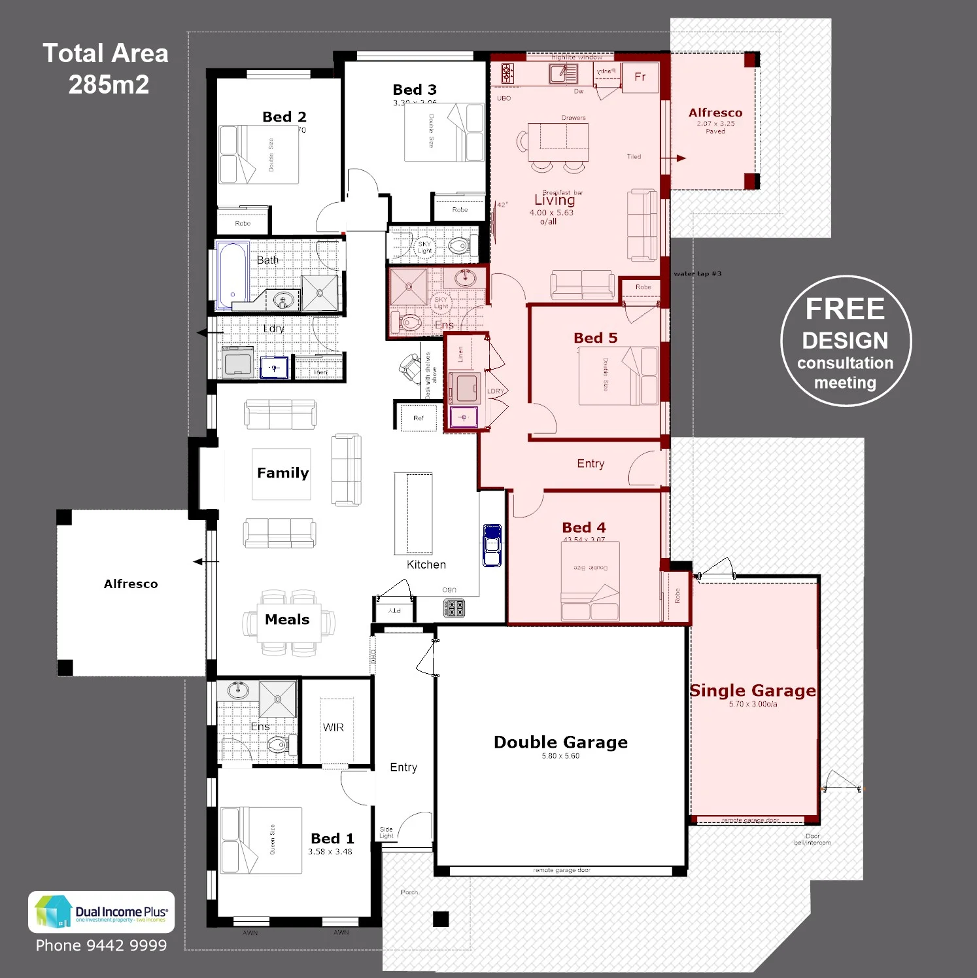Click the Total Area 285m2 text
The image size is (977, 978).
click(x=106, y=69)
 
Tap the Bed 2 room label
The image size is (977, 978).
click(x=284, y=117)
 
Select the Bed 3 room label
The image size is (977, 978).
click(x=414, y=90)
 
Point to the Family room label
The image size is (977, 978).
click(x=283, y=473)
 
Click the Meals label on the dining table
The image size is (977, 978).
click(x=287, y=620)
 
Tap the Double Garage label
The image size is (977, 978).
click(x=560, y=742)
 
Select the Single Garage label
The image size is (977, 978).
click(x=753, y=691)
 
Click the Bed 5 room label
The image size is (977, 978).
click(x=595, y=338)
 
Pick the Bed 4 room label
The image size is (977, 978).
click(x=583, y=527)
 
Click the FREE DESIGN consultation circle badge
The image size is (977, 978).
click(x=846, y=341)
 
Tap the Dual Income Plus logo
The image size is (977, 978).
click(x=101, y=912)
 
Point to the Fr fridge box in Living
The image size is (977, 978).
click(x=640, y=78)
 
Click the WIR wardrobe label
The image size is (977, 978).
click(x=333, y=727)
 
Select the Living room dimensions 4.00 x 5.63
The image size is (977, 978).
click(x=551, y=213)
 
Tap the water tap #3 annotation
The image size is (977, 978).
click(x=697, y=273)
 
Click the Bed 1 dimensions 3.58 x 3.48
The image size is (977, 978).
click(x=330, y=852)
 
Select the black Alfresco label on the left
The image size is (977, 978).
click(x=131, y=584)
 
